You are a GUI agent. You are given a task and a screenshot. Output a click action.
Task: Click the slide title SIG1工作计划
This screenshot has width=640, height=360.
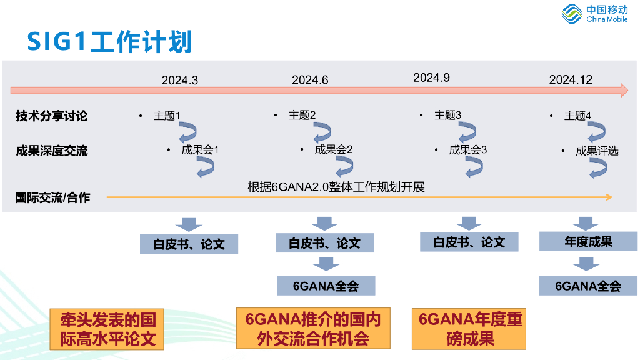(x=109, y=41)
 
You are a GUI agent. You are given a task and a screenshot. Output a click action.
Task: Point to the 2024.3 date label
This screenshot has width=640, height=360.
(x=179, y=80)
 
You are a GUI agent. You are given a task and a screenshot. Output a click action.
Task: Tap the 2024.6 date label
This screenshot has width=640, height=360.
(x=310, y=80)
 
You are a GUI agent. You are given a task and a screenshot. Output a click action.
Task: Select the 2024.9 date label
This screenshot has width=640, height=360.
(x=431, y=77)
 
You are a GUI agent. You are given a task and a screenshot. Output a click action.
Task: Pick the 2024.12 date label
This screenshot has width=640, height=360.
(x=571, y=79)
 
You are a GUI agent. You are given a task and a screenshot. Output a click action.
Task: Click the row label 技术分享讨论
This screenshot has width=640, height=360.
(x=52, y=116)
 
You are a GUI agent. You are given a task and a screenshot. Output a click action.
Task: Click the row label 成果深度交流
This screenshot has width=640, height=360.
(x=52, y=151)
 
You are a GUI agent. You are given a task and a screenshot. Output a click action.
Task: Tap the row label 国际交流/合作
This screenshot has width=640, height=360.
(x=52, y=198)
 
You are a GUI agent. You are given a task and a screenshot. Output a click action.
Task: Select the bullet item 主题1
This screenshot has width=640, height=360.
(x=167, y=116)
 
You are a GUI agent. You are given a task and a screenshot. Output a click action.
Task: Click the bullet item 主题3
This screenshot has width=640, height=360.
(x=447, y=115)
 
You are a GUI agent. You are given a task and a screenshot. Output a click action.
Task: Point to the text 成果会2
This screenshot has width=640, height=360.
(x=334, y=149)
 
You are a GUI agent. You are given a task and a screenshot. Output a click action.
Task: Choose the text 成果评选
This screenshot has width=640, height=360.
(x=597, y=151)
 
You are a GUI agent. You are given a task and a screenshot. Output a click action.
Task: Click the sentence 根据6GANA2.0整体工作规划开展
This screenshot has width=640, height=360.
(x=336, y=187)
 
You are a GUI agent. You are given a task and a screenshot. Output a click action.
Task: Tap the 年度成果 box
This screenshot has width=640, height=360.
(x=588, y=241)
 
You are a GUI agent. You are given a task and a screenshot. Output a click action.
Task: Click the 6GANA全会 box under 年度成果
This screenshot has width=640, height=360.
(x=588, y=286)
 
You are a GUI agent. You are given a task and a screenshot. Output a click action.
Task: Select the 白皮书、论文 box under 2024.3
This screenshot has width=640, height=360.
(x=189, y=244)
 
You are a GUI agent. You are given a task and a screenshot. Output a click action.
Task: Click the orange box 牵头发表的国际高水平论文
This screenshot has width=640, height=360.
(x=107, y=329)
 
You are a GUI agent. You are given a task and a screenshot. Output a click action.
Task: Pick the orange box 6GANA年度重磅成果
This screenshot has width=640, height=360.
(x=471, y=329)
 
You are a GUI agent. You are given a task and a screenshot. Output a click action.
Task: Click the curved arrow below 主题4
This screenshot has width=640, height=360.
(x=596, y=131)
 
